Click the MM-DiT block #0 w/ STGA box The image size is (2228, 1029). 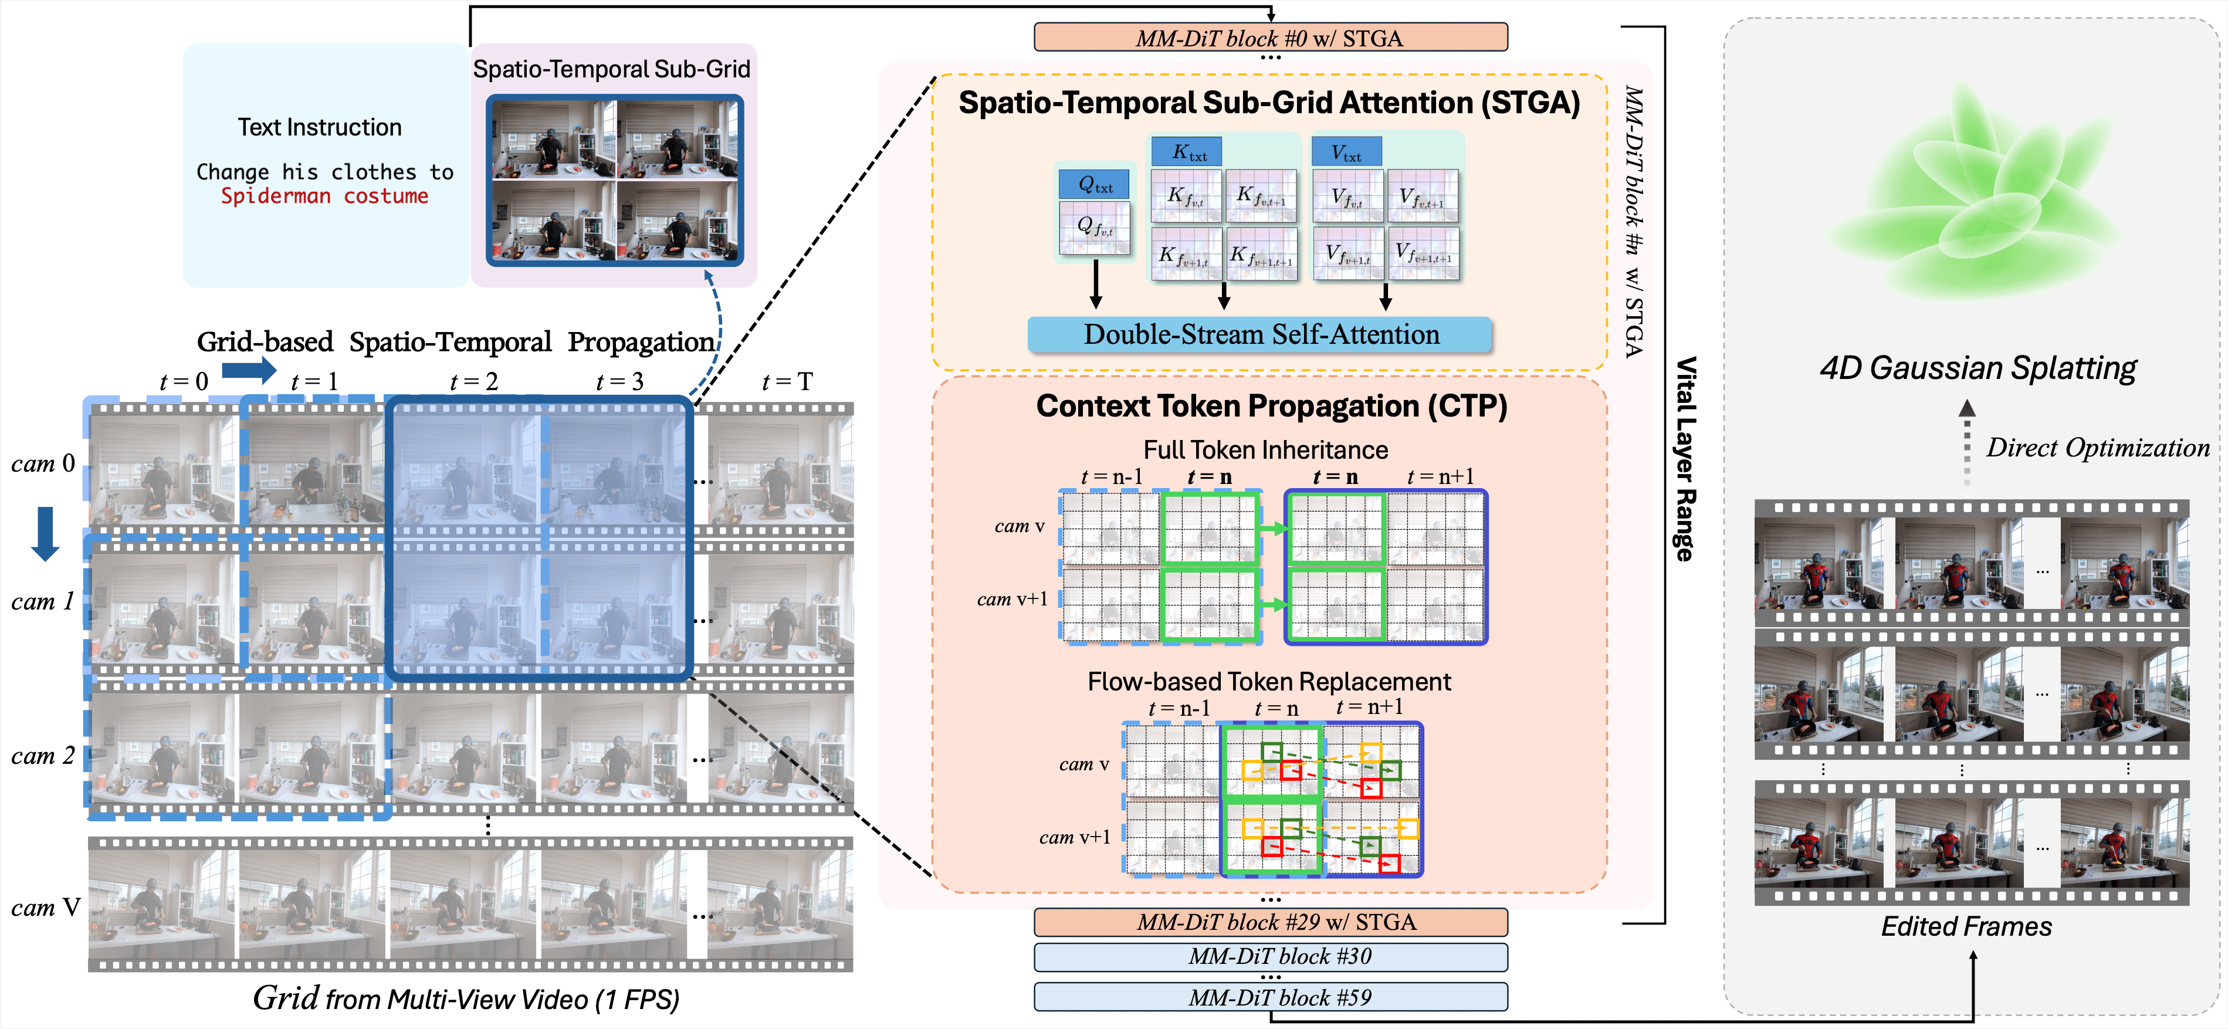(x=1269, y=38)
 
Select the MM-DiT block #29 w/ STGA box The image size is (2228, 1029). (x=1269, y=922)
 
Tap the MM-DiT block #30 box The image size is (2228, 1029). (x=1269, y=956)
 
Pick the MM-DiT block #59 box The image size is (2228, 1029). (x=1269, y=997)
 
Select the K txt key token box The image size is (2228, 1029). (x=1187, y=152)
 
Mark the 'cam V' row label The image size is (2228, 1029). (x=45, y=907)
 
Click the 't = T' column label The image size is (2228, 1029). (x=787, y=381)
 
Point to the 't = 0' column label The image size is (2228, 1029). (x=184, y=381)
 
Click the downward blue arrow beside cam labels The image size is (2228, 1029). (x=45, y=533)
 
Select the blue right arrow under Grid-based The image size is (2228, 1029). (x=248, y=371)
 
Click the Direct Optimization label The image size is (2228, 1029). (x=2097, y=448)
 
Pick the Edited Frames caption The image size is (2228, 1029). (x=1965, y=926)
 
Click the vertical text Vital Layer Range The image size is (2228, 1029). (x=1685, y=458)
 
